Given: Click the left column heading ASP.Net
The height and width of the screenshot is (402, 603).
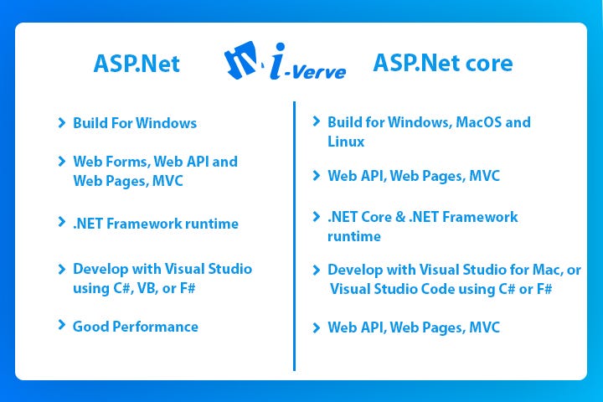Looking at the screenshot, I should tap(137, 64).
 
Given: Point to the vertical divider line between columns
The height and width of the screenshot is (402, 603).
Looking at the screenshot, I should tap(294, 234).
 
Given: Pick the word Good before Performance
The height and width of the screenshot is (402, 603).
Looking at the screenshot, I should tap(90, 327).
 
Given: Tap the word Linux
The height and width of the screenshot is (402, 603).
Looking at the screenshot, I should tap(346, 142).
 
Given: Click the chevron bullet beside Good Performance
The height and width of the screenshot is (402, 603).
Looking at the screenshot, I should tap(62, 325).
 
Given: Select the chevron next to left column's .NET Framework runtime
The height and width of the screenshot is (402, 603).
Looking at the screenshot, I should tap(62, 223).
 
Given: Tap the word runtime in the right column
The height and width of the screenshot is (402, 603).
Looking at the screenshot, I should tap(353, 236).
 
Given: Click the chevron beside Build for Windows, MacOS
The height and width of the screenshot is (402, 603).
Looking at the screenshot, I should tap(316, 121).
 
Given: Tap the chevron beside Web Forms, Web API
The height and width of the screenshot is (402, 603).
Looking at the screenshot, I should tap(62, 161).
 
